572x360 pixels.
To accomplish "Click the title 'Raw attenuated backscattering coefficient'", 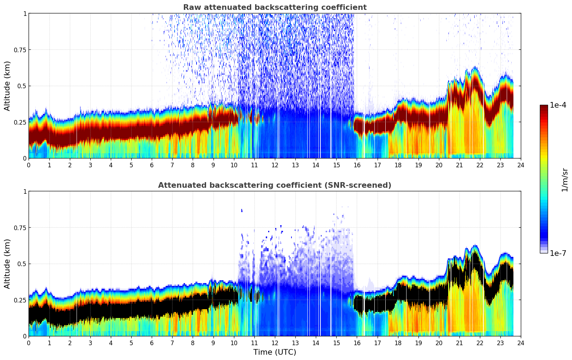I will [275, 7].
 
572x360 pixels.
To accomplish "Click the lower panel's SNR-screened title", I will [275, 185].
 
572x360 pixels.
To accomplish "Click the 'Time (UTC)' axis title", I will [275, 352].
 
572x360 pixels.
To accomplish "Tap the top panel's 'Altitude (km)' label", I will [7, 86].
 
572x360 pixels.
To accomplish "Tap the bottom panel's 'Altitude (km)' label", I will [7, 264].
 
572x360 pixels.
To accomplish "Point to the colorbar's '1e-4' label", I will [558, 105].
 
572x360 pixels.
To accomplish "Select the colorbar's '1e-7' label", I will [558, 253].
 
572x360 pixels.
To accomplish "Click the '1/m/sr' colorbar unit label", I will [565, 180].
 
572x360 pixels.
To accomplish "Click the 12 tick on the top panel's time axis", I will [275, 165].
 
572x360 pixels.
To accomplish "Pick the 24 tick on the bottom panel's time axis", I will [521, 343].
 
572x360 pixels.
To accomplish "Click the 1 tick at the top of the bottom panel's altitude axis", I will [25, 192].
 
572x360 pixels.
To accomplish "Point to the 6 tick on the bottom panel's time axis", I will [152, 343].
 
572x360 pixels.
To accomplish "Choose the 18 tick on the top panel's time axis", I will [398, 165].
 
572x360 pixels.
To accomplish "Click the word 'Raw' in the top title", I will [191, 7].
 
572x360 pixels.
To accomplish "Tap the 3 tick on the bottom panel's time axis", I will [90, 343].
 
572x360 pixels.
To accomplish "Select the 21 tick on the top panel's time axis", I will [459, 165].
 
